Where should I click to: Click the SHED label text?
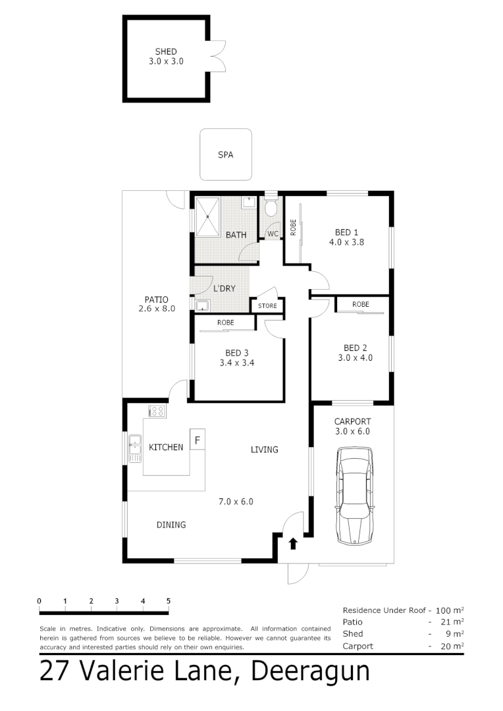tap(166, 51)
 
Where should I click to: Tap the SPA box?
tap(226, 155)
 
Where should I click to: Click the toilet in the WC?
tap(271, 208)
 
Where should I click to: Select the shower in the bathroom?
tap(207, 215)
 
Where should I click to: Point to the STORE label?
tap(267, 306)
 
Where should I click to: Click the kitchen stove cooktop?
tap(157, 411)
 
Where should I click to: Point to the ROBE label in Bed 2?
tap(360, 304)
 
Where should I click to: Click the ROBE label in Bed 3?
tap(226, 323)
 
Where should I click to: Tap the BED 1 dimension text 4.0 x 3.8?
tap(347, 242)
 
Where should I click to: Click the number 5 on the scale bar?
tap(169, 601)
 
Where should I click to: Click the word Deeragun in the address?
tap(311, 671)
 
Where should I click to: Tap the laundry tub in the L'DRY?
tap(201, 305)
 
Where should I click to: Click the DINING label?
tap(171, 525)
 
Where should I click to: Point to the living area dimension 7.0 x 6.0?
tap(236, 501)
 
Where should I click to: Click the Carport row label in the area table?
tap(357, 646)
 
